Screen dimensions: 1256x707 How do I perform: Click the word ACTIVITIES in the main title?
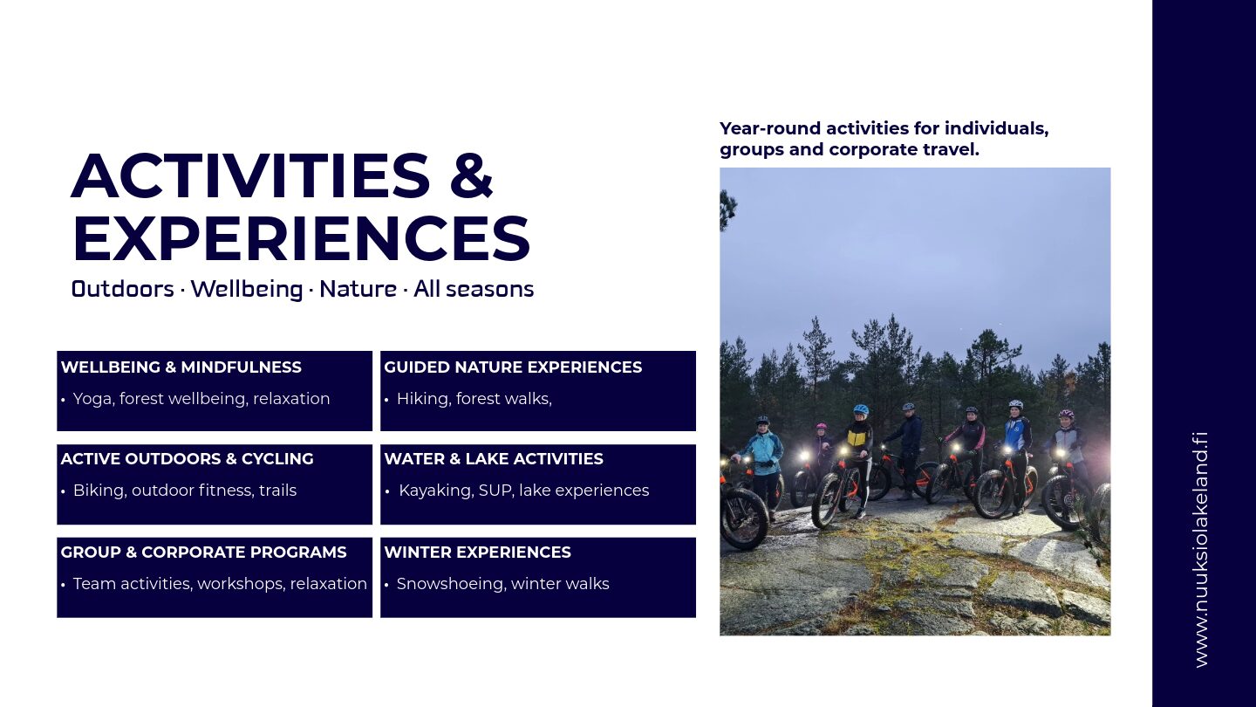point(250,176)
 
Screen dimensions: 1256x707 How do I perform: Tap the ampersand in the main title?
point(471,176)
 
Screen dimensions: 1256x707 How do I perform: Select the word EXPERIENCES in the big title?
point(301,238)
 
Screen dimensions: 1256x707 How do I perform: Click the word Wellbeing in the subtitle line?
point(247,290)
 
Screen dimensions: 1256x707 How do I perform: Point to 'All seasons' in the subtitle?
point(474,289)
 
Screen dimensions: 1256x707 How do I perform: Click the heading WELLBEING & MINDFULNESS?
point(181,367)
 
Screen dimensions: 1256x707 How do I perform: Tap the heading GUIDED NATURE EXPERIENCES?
point(513,367)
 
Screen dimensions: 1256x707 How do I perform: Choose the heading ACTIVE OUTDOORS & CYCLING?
point(188,459)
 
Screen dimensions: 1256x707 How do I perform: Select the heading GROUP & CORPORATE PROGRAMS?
point(203,553)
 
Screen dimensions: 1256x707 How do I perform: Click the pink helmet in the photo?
point(822,427)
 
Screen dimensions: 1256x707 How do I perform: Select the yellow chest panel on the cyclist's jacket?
point(855,437)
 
